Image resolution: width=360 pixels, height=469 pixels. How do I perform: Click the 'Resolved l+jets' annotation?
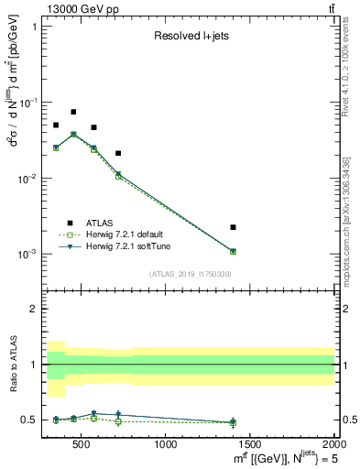pyautogui.click(x=191, y=37)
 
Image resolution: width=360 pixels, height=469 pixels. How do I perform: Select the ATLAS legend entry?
pyautogui.click(x=101, y=222)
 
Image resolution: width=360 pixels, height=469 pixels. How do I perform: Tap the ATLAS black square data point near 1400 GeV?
pyautogui.click(x=233, y=227)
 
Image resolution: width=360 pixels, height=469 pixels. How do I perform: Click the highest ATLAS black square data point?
pyautogui.click(x=73, y=112)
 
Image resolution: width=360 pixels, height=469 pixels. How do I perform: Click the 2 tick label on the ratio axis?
pyautogui.click(x=33, y=309)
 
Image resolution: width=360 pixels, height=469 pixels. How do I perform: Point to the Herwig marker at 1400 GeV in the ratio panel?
pyautogui.click(x=233, y=422)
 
